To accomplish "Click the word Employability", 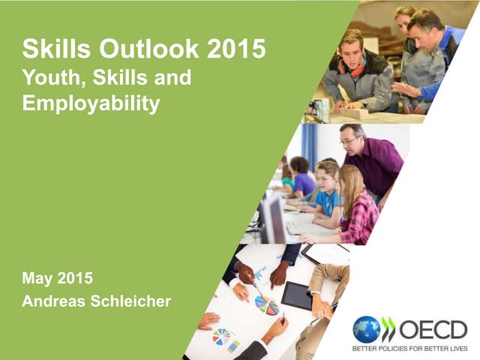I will click(91, 103).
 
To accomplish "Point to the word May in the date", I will click(37, 278).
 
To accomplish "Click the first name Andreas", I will click(53, 301).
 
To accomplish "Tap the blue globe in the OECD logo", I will click(367, 329).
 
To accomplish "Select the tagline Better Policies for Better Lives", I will click(409, 349).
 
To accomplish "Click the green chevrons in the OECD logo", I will click(388, 329).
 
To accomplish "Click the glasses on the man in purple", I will click(349, 140).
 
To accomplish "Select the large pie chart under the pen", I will click(266, 305).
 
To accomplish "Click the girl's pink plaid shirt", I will click(361, 218).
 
